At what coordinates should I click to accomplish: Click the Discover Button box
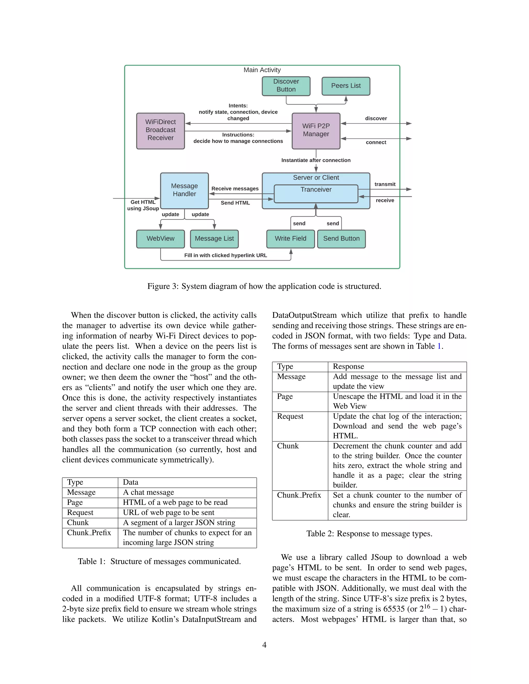286,86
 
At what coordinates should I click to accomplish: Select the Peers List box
346,86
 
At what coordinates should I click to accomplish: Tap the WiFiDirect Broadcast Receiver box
160,131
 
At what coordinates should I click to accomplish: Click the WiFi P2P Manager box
316,131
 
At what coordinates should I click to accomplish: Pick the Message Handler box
184,190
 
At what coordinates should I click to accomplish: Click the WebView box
160,239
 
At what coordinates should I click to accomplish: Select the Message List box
214,239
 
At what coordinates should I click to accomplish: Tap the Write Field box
291,239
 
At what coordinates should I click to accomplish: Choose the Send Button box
341,239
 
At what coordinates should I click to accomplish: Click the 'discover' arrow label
376,118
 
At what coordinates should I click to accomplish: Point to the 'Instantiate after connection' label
316,160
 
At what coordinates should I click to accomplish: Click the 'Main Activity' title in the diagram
262,70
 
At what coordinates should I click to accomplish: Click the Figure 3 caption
264,286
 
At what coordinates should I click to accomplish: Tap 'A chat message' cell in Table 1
148,492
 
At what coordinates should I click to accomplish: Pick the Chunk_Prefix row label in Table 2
299,495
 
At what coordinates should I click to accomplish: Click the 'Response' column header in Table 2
348,367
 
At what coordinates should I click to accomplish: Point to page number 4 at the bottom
264,645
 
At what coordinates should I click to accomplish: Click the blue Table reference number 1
439,346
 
